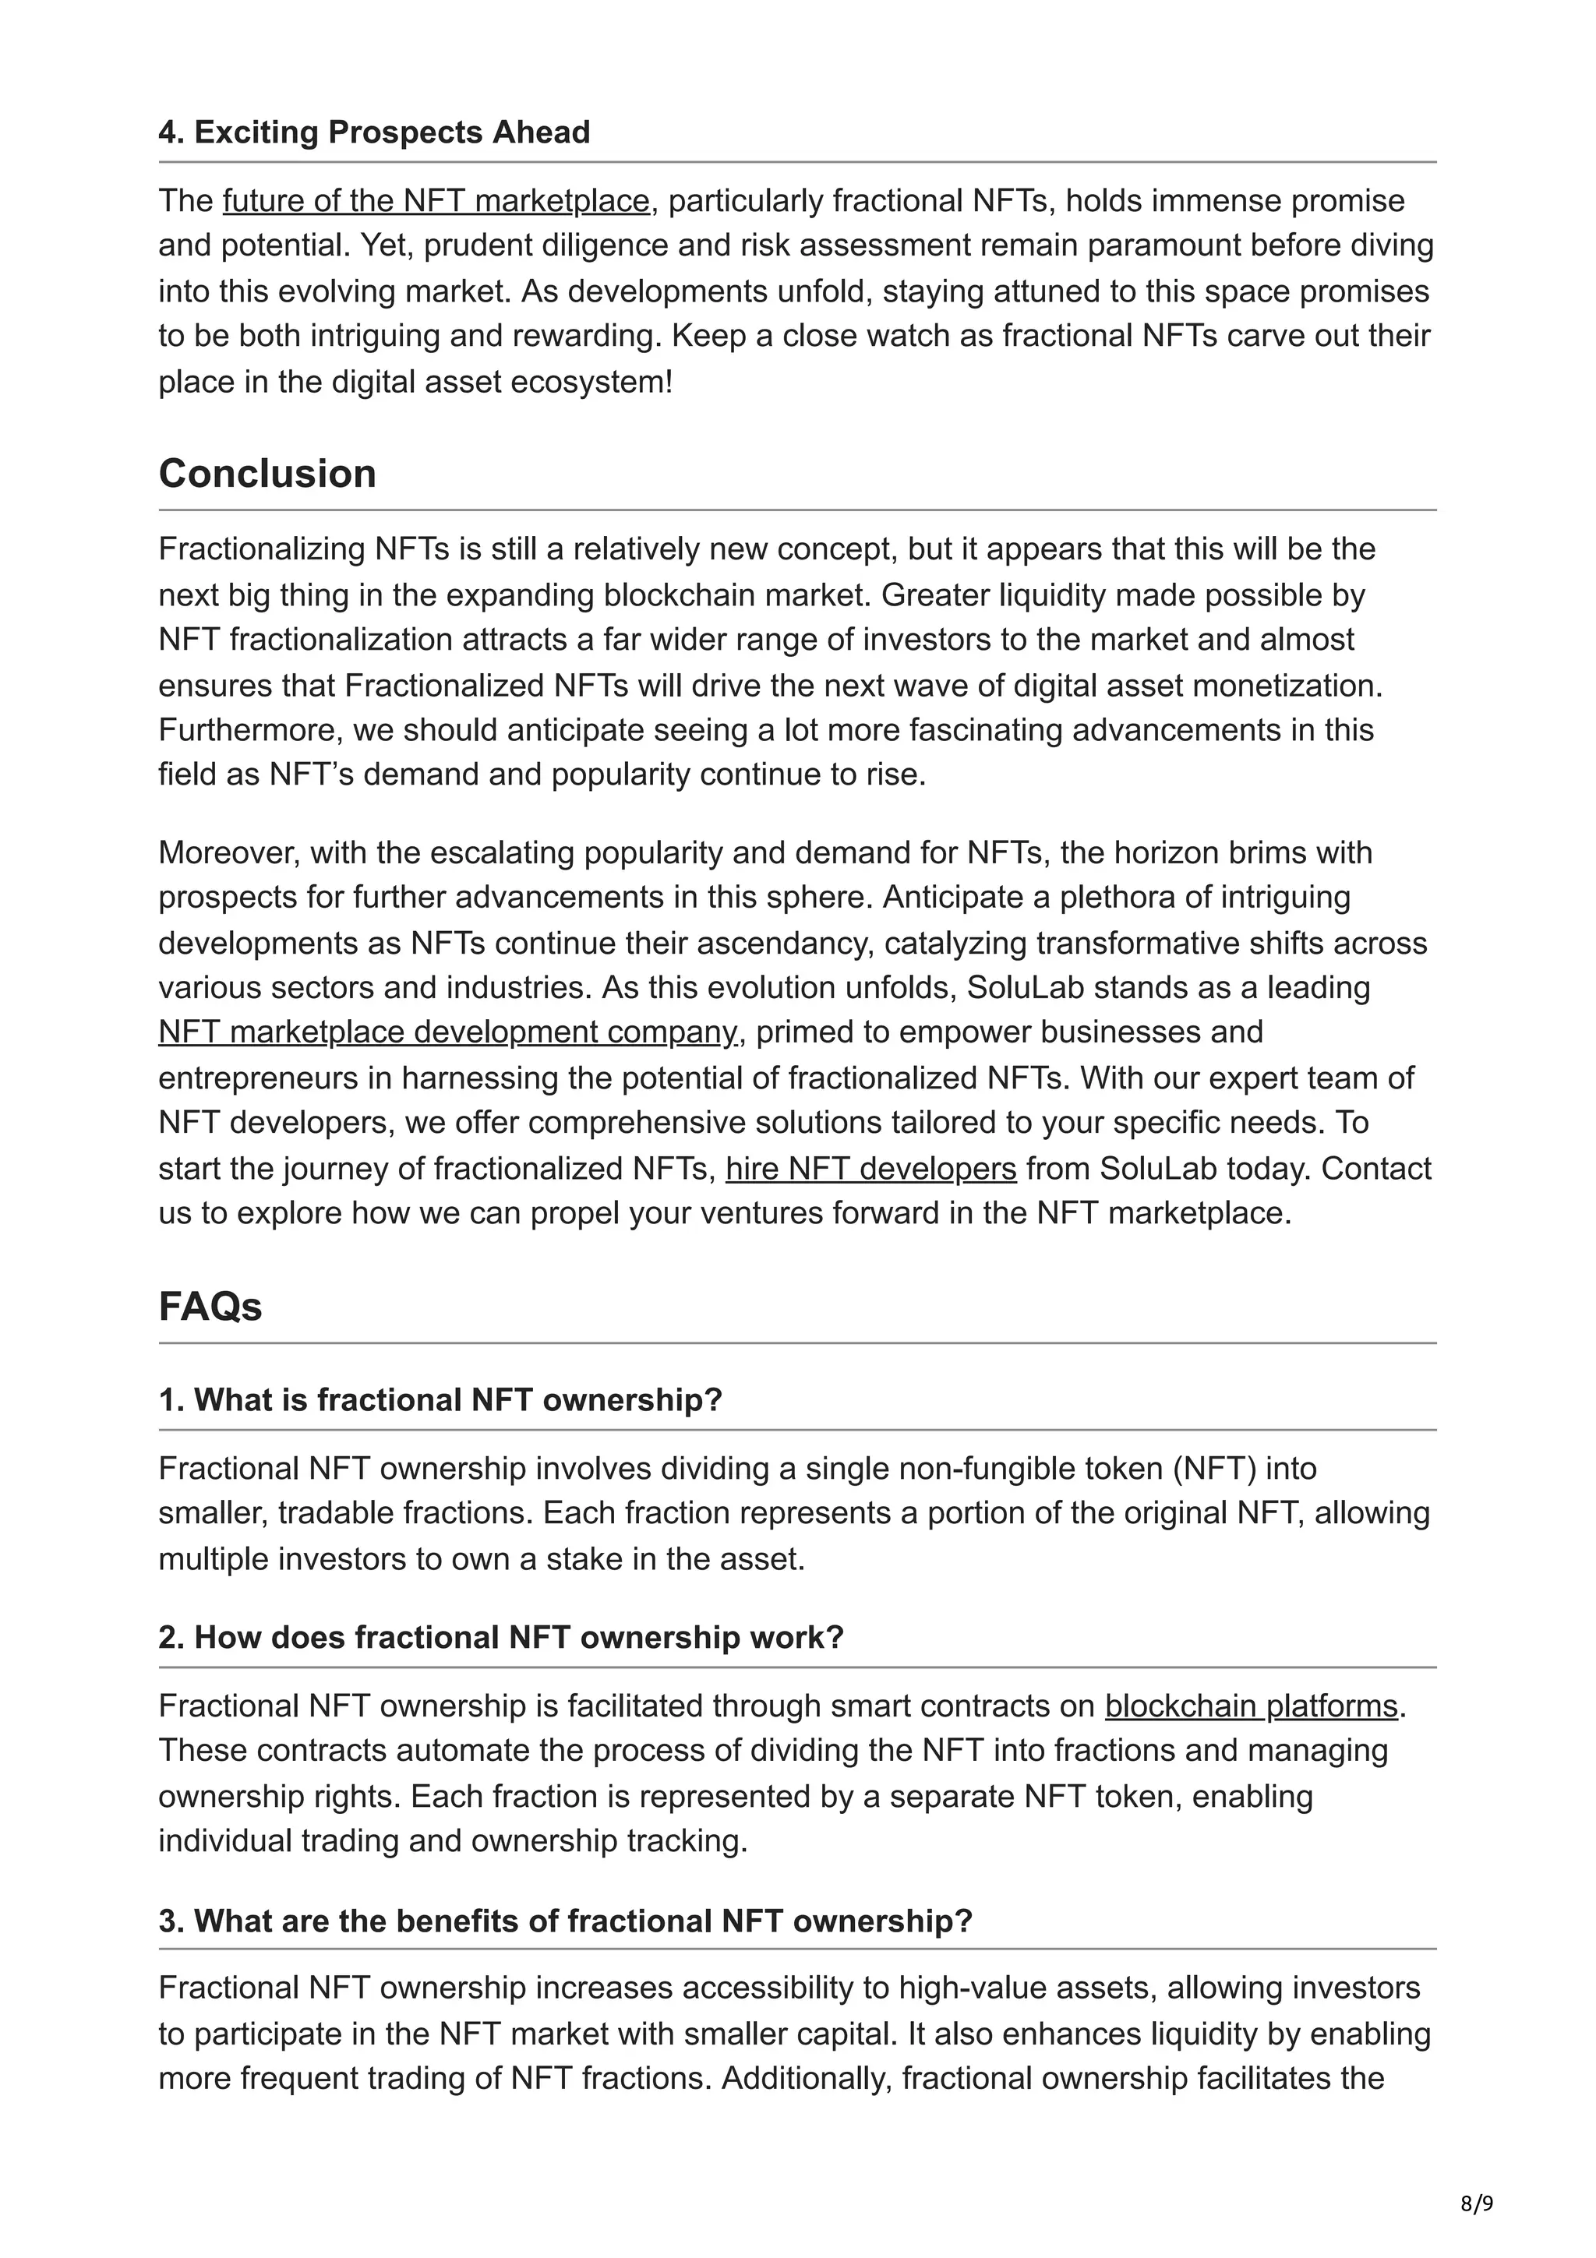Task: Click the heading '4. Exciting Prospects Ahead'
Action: point(374,132)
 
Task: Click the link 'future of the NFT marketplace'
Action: point(436,200)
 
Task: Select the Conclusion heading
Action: point(267,473)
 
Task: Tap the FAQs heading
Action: point(210,1306)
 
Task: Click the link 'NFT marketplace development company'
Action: point(448,1032)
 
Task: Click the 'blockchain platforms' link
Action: point(1251,1706)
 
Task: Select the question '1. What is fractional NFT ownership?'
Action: point(440,1399)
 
